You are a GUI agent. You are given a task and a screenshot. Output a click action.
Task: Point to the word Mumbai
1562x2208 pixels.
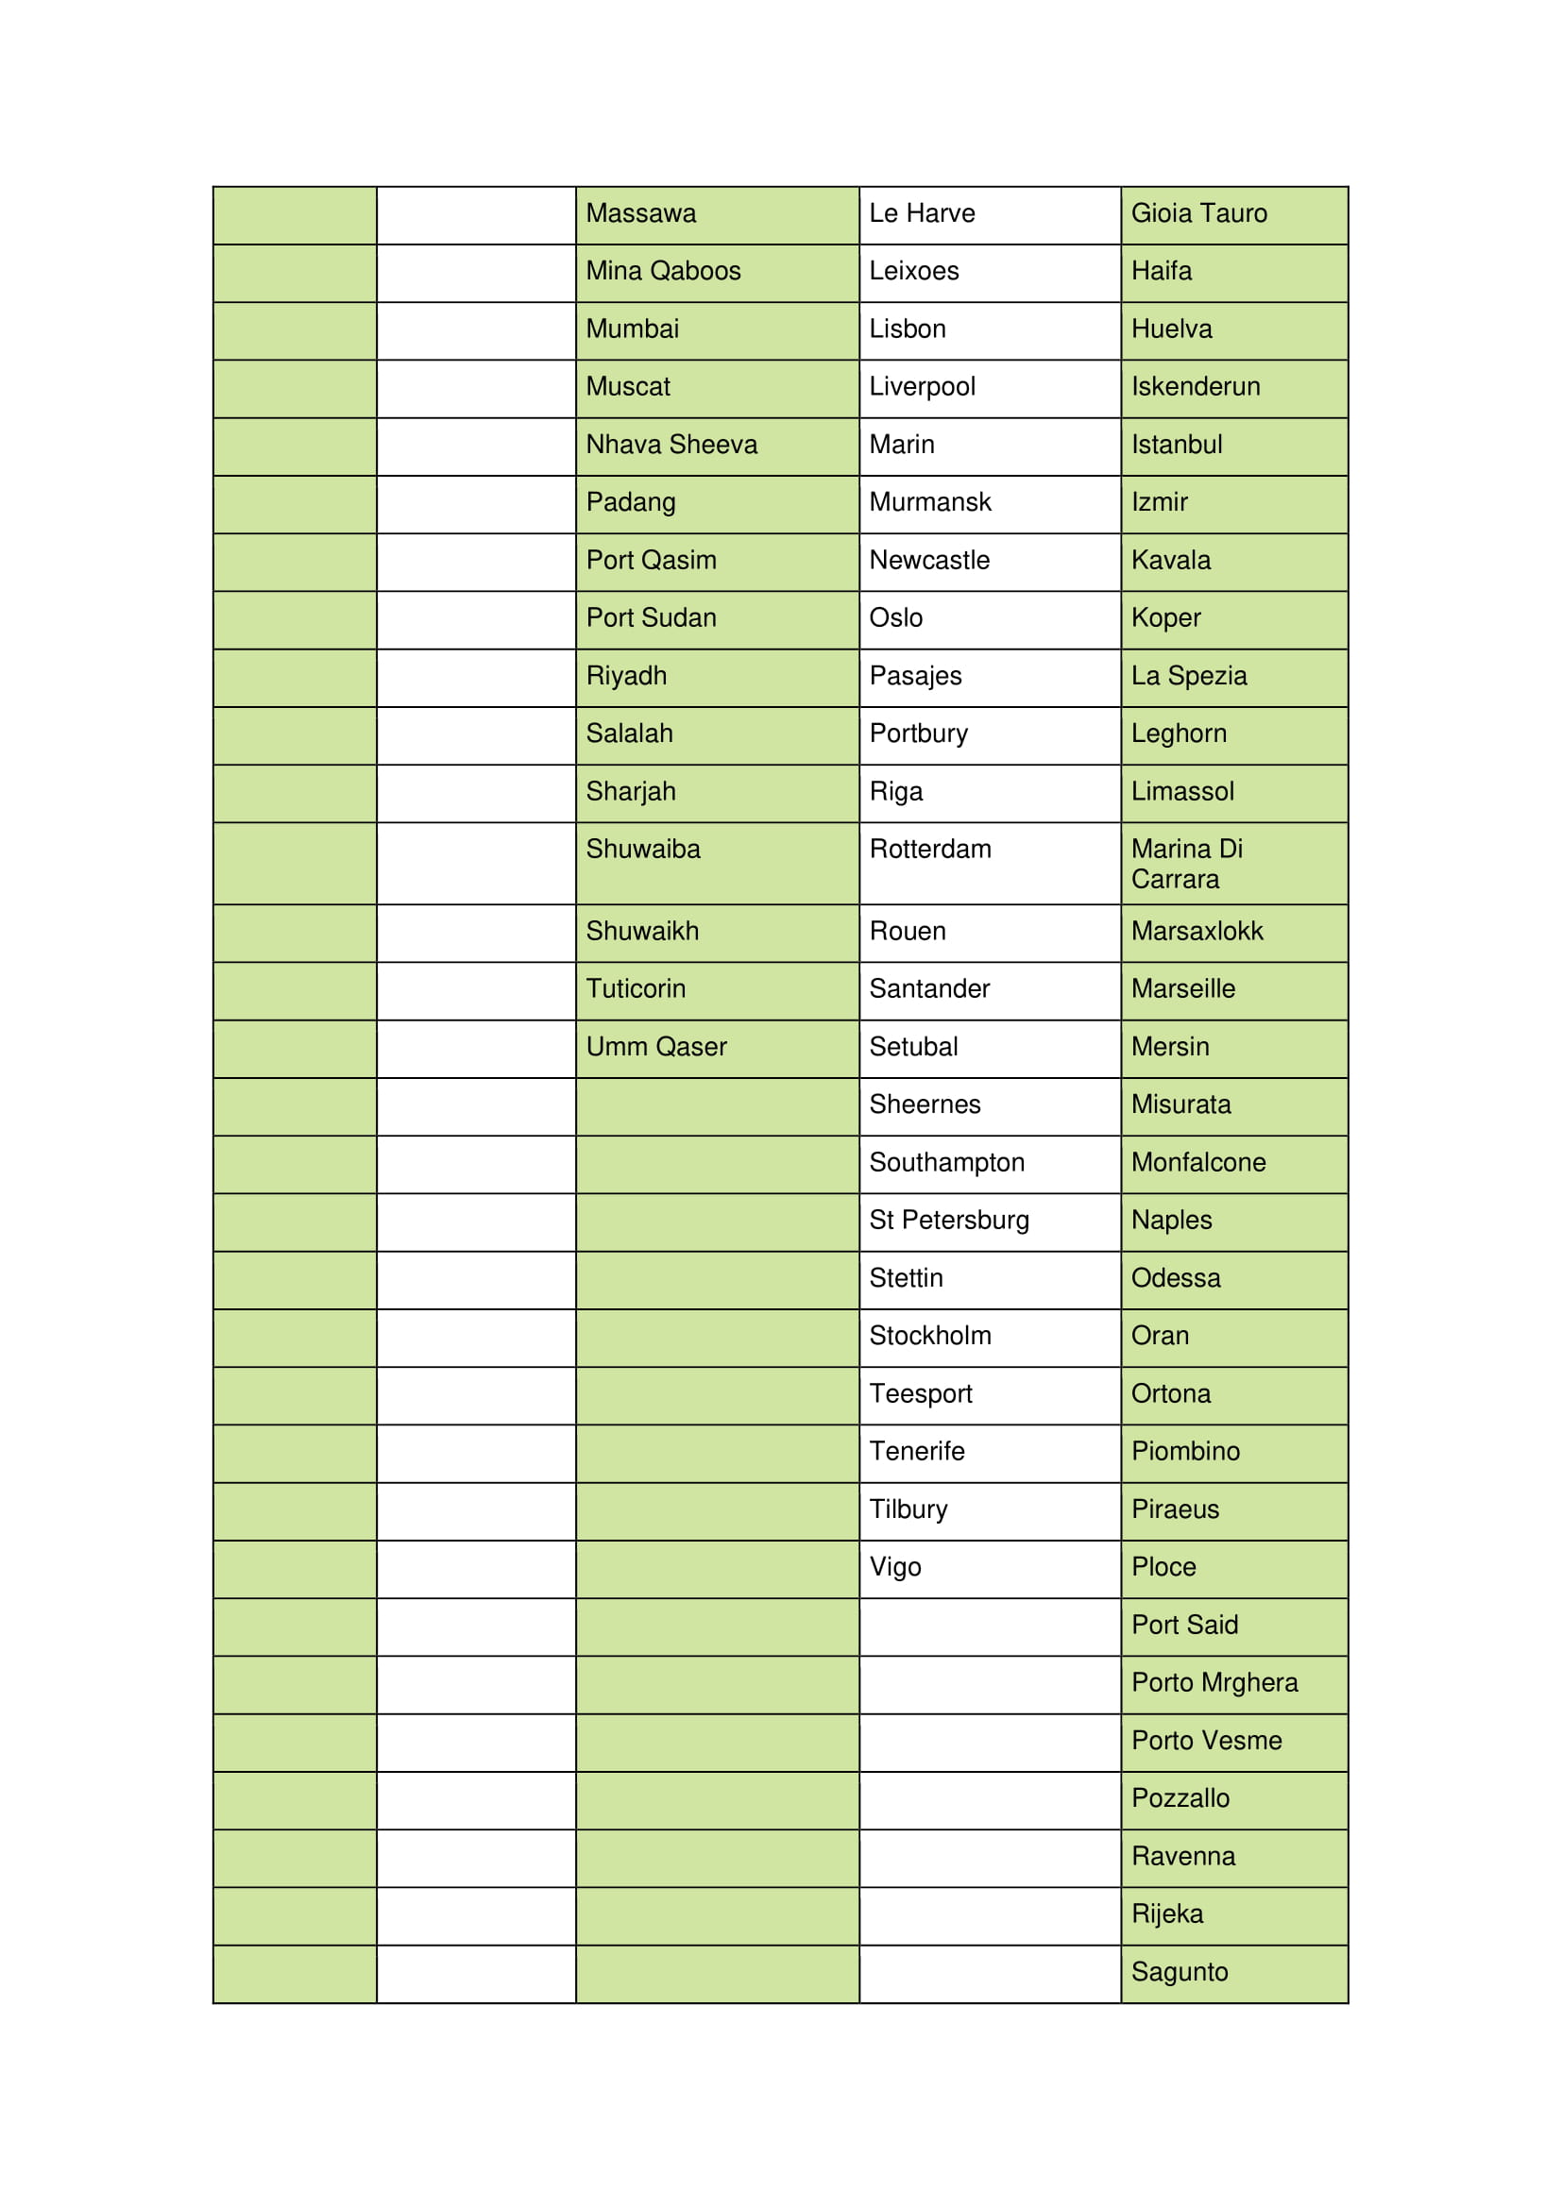coord(632,329)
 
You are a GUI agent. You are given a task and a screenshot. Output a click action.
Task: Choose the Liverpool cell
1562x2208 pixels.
coord(922,387)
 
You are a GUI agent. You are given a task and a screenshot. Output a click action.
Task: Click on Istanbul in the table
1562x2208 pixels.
coord(1177,445)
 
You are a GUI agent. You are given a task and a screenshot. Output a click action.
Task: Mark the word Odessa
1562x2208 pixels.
coord(1176,1278)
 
